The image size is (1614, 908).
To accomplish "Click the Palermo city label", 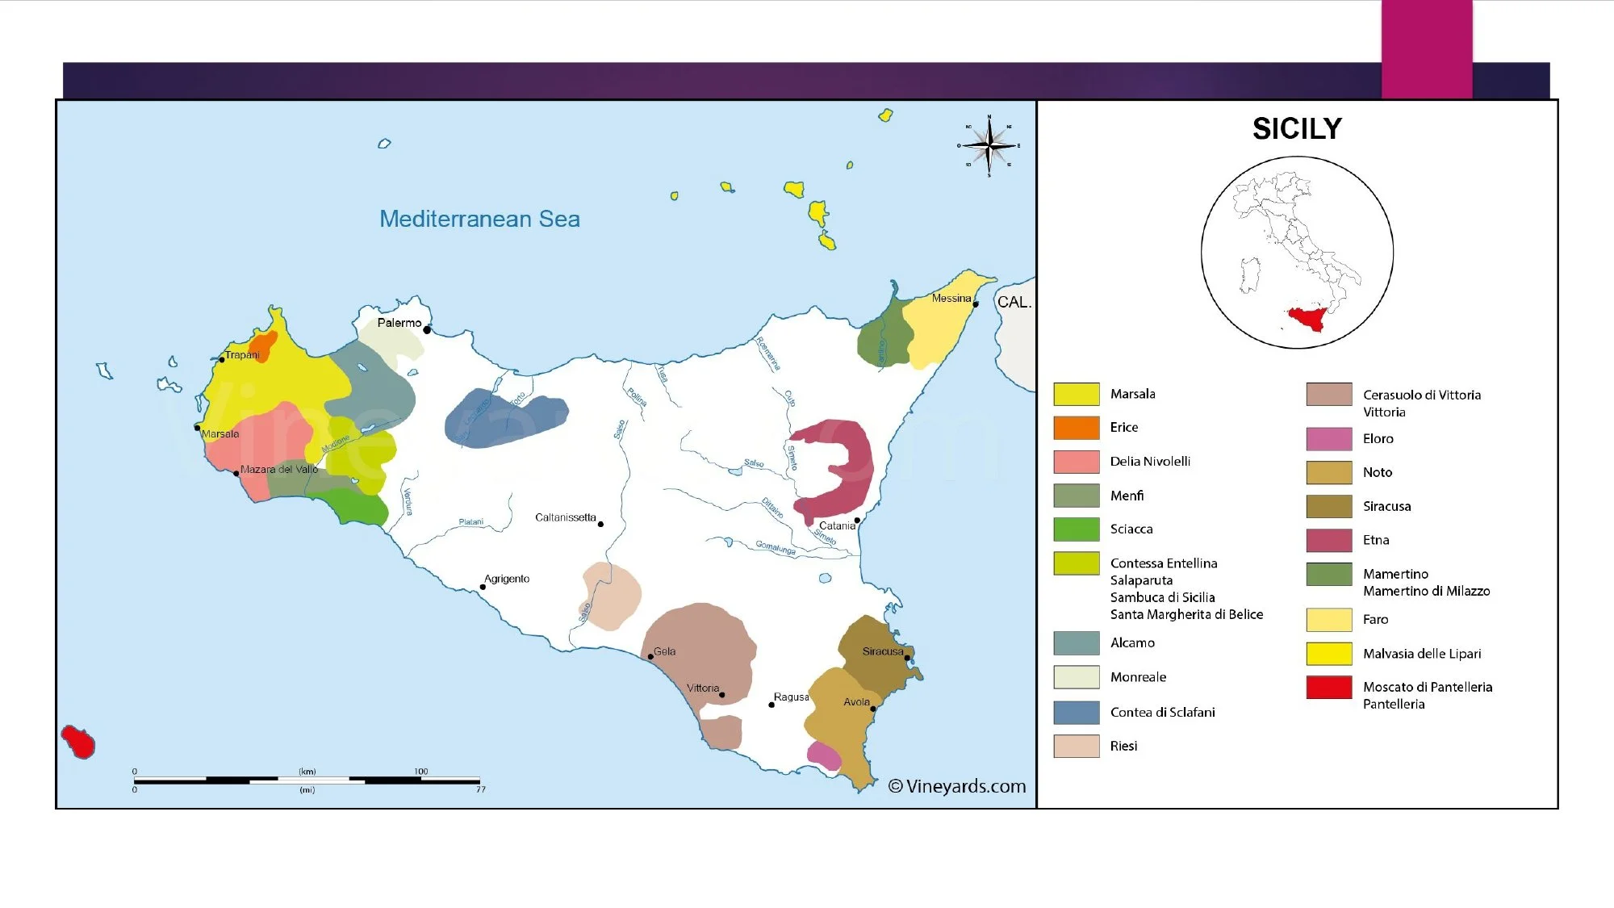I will [399, 323].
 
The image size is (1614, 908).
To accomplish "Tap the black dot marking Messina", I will [975, 304].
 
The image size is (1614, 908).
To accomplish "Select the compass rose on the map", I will [989, 146].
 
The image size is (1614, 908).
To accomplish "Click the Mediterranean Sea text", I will [479, 219].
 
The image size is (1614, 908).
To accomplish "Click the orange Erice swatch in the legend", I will [1076, 428].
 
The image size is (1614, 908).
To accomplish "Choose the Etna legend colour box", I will [1328, 540].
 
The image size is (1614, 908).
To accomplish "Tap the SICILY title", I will [1297, 129].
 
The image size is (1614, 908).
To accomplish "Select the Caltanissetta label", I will [565, 517].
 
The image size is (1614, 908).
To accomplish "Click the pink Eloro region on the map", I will [824, 756].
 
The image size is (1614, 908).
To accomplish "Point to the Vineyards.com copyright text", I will [957, 786].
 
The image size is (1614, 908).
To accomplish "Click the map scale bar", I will [307, 780].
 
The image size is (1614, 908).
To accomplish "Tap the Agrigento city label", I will [507, 579].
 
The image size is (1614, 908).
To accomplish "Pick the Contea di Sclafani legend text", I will [1162, 712].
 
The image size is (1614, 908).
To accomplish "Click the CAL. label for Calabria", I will [1014, 302].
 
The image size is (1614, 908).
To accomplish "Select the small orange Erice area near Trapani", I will [263, 345].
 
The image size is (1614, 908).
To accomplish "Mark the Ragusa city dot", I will [771, 705].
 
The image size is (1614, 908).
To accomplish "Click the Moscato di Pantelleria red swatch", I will [1328, 687].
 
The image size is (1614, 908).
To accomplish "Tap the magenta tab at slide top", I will [1427, 48].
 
